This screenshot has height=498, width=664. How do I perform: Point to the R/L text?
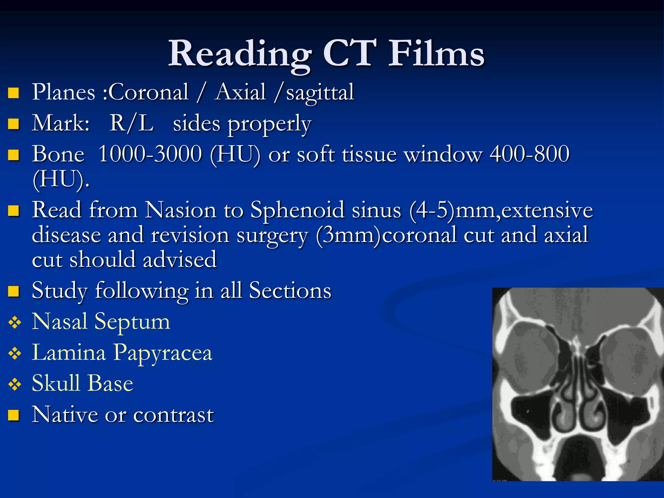(131, 124)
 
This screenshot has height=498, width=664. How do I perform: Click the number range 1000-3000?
(150, 154)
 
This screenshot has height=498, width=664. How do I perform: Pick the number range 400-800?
(529, 154)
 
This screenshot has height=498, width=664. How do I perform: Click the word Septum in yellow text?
(132, 322)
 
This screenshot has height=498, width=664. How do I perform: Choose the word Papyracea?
(163, 353)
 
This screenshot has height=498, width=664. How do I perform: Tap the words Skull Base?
(82, 384)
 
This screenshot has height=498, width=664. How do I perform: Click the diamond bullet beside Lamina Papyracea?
(15, 354)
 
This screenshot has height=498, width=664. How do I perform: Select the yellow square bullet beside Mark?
(14, 124)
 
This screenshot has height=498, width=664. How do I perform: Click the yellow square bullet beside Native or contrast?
(14, 415)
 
